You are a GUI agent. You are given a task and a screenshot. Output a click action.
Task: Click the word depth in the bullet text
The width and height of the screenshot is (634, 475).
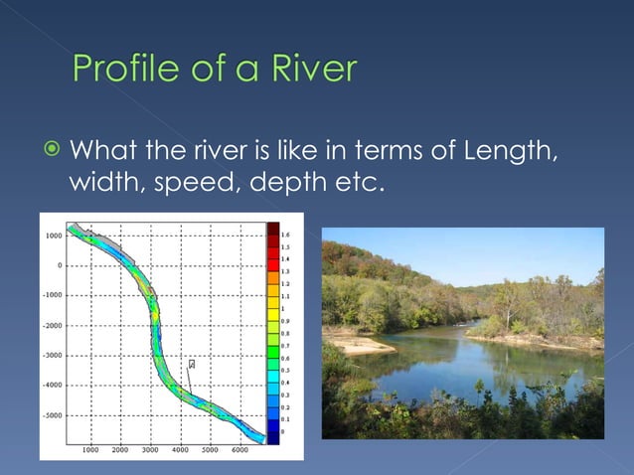point(289,183)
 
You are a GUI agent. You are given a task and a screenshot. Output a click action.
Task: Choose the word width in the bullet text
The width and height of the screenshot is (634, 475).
point(105,183)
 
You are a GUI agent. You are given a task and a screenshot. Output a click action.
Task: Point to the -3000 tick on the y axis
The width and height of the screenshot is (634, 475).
point(53,355)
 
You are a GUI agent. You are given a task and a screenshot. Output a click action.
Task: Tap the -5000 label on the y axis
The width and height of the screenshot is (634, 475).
point(53,414)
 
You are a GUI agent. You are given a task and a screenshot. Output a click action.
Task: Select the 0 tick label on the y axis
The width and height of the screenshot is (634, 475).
point(61,265)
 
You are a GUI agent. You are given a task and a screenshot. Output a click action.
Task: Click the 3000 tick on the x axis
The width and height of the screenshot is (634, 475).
point(150,450)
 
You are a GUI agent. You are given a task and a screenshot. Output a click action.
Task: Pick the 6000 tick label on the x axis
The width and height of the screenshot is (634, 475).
point(239,450)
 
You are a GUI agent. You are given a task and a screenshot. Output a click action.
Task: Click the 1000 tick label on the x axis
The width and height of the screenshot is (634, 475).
point(90,450)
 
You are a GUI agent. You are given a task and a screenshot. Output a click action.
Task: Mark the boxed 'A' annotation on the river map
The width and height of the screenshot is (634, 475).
point(192,365)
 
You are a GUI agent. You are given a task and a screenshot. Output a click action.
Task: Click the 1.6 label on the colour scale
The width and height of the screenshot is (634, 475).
point(285,234)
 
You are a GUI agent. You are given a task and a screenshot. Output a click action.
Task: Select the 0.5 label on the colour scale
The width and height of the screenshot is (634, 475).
point(285,371)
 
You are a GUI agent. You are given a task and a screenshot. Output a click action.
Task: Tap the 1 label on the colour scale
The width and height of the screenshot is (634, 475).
point(283,308)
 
